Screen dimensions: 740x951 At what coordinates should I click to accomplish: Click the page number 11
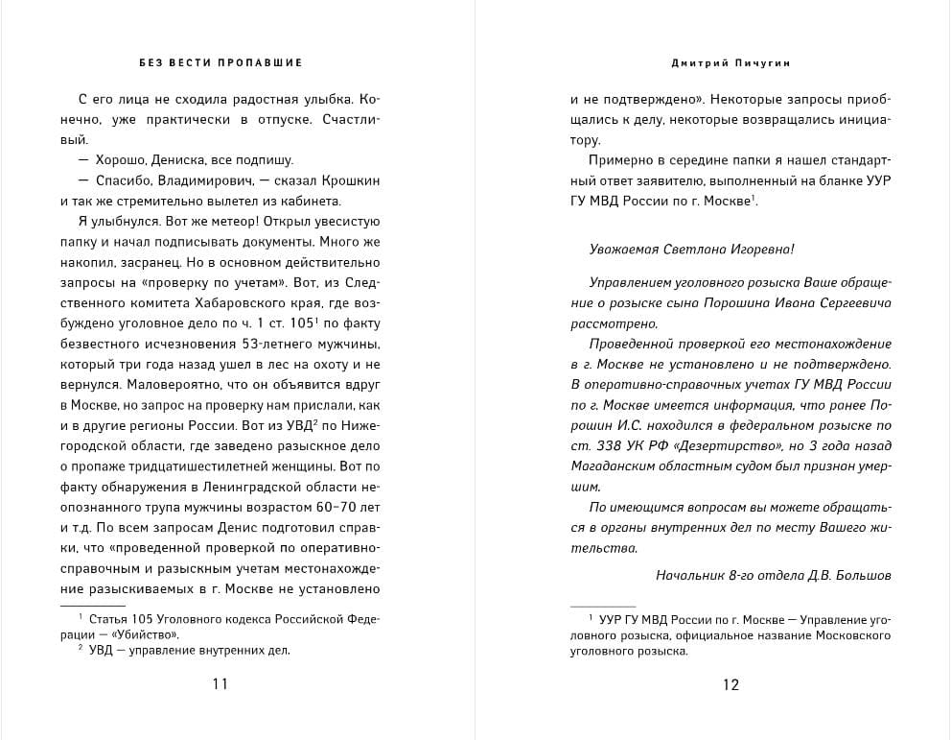pos(220,684)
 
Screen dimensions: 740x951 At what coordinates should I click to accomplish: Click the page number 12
pos(731,684)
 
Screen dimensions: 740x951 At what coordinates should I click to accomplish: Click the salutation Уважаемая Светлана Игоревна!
pos(692,249)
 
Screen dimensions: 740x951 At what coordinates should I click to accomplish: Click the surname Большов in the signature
pos(862,575)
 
